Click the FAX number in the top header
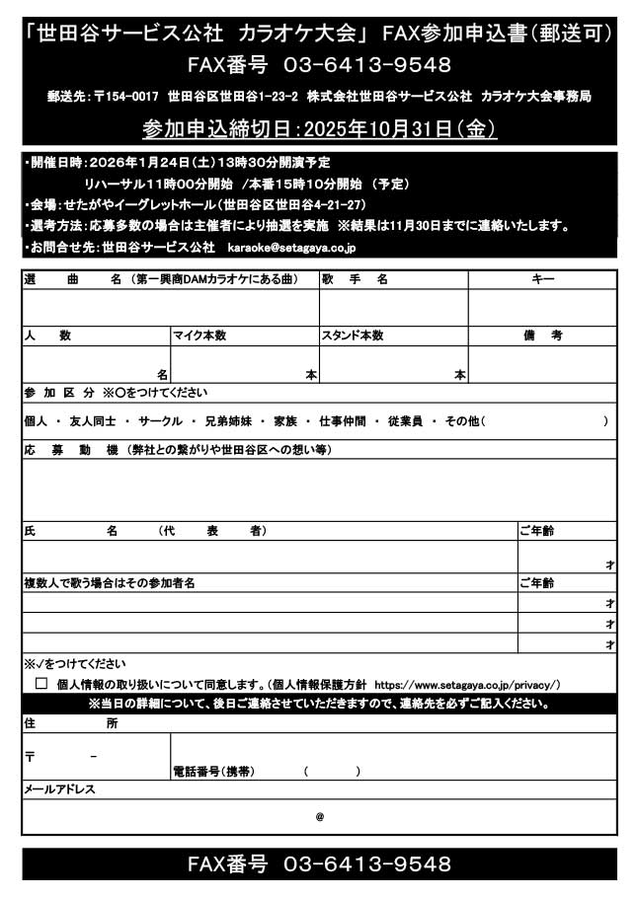click(x=367, y=66)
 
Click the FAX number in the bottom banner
click(x=367, y=864)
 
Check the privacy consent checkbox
click(x=41, y=683)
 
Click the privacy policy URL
click(x=467, y=684)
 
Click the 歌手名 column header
click(x=355, y=279)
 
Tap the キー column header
click(x=543, y=279)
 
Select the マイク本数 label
click(x=200, y=336)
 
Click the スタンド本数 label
click(x=352, y=336)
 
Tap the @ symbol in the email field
click(x=319, y=817)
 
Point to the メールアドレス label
click(x=58, y=789)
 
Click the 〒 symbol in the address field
click(x=30, y=757)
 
